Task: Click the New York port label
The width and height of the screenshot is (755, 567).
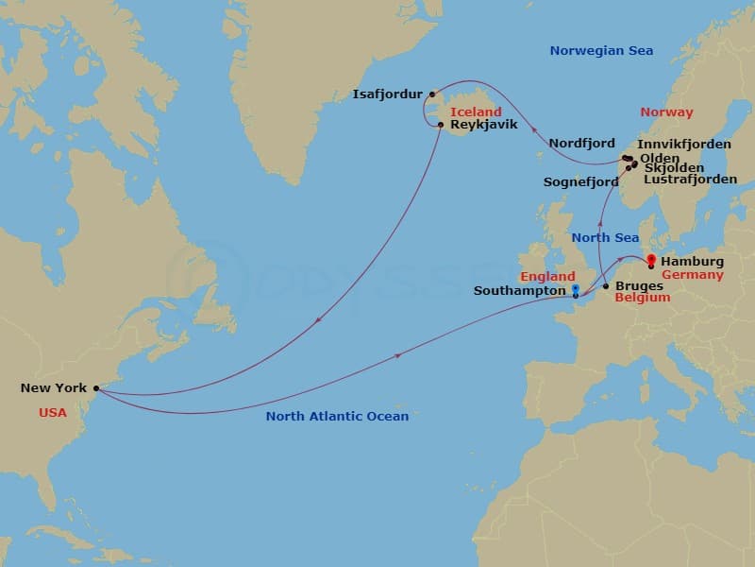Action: [53, 387]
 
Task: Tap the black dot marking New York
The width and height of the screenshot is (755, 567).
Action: [96, 387]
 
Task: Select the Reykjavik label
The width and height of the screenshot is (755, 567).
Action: [484, 125]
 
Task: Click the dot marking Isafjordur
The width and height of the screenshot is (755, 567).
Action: [432, 94]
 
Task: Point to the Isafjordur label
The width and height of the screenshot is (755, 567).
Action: [389, 94]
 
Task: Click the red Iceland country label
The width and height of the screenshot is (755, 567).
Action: [476, 112]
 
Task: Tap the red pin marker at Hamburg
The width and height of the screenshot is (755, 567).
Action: [650, 259]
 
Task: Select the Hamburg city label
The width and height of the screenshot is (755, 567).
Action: [693, 261]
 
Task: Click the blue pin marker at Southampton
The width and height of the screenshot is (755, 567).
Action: [575, 290]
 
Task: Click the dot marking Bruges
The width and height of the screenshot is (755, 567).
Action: [605, 284]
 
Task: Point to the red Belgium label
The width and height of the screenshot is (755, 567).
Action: [642, 298]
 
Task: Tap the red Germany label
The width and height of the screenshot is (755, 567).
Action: [693, 275]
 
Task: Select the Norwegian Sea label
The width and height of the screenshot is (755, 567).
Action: [601, 51]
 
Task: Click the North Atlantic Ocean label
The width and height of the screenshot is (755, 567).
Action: [337, 416]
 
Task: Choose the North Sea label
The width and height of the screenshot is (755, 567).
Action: [605, 238]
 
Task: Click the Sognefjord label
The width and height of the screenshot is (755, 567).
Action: [580, 181]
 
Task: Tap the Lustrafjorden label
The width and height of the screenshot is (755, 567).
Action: [691, 179]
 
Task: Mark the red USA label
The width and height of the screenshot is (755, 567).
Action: [53, 413]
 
